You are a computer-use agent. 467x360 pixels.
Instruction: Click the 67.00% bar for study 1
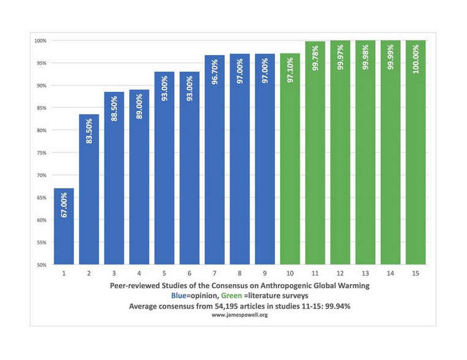64,227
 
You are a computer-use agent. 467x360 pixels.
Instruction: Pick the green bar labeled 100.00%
416,153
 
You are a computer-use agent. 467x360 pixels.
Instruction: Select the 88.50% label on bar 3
114,108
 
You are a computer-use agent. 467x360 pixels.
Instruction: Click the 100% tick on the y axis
40,40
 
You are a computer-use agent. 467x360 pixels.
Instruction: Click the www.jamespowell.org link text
240,315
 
